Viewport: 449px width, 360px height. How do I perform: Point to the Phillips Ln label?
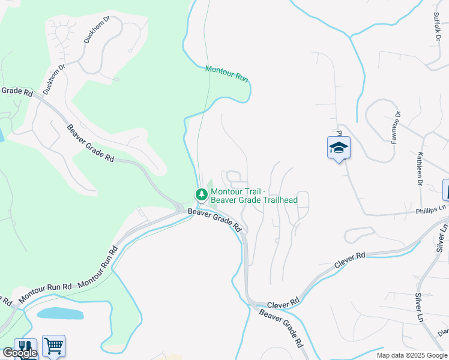point(432,210)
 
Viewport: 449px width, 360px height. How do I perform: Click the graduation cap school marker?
point(339,148)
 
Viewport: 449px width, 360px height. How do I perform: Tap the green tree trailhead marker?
point(200,194)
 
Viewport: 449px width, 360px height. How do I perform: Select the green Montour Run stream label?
point(227,74)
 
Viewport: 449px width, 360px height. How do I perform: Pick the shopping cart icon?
point(53,346)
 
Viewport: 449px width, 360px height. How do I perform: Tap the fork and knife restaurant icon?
point(25,349)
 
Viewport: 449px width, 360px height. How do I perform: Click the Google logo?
point(19,353)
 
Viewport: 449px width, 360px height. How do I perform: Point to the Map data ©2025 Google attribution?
point(412,355)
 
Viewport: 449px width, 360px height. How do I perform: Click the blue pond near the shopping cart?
point(60,313)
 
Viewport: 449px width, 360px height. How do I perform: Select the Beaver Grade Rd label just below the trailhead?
point(214,220)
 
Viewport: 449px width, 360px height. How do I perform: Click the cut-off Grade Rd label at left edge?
point(16,91)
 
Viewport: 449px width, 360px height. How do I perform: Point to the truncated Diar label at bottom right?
point(443,332)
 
